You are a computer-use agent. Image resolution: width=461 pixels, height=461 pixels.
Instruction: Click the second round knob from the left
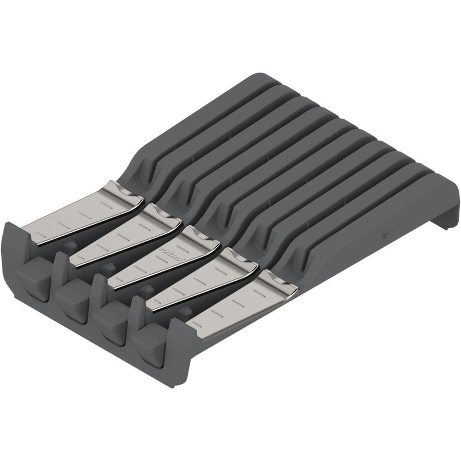[108, 267]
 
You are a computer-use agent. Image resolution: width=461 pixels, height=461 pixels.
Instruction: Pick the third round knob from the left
[146, 289]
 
